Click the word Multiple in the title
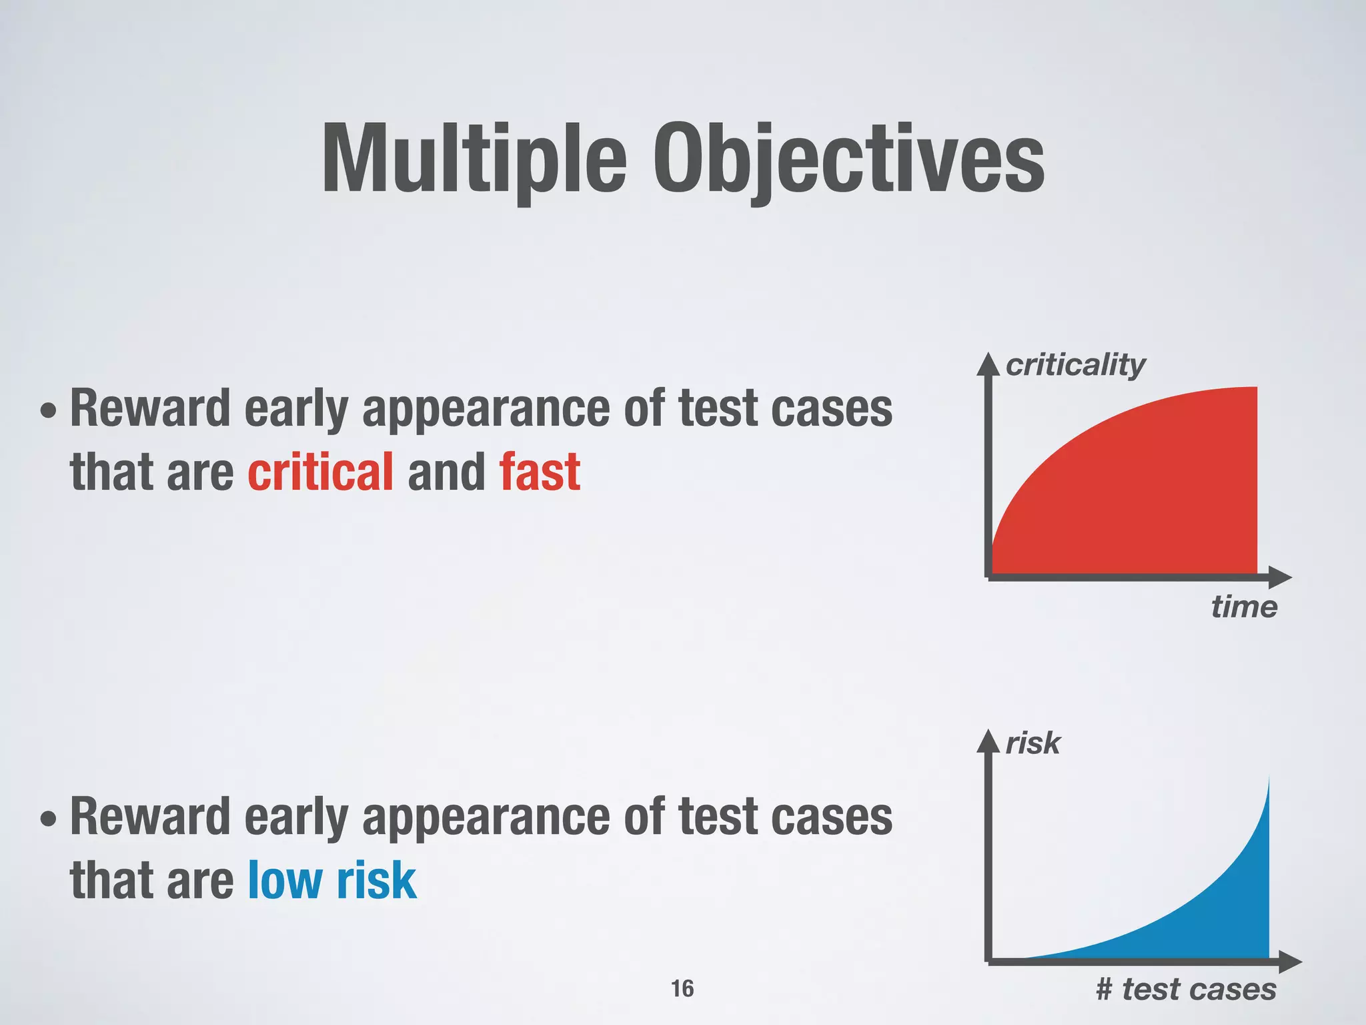[474, 160]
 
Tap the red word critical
[320, 472]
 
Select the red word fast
[540, 472]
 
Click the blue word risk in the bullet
[376, 881]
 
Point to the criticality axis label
[1075, 365]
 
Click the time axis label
[1244, 607]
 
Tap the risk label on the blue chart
[1033, 743]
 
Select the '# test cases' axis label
[1186, 989]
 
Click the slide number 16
[682, 988]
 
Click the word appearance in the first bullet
[486, 408]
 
